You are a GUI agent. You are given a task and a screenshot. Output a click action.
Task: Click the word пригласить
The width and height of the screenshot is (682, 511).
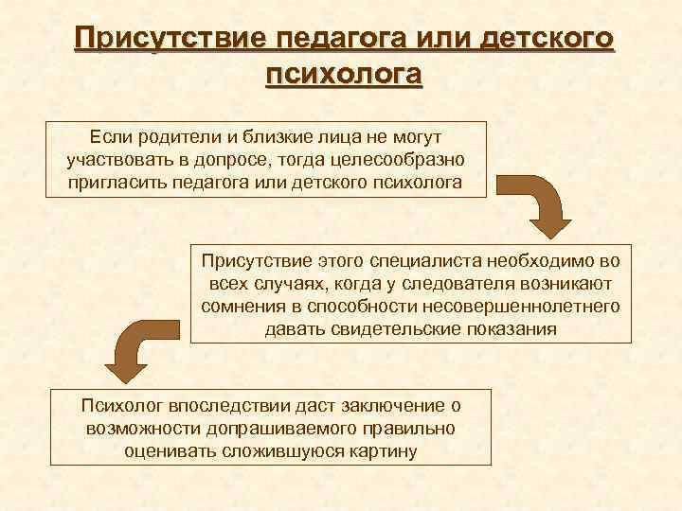click(117, 181)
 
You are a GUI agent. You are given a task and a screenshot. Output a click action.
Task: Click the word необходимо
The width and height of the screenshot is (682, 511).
click(535, 259)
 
